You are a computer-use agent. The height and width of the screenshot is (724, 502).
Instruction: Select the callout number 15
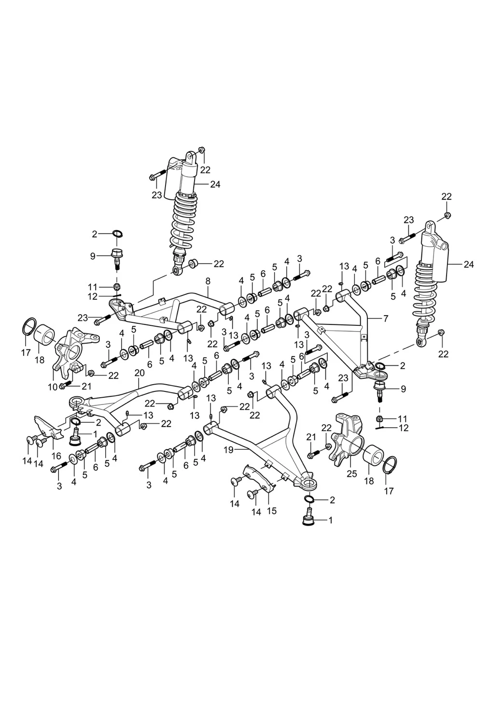[271, 511]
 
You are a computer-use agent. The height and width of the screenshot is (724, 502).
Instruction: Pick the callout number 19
[228, 449]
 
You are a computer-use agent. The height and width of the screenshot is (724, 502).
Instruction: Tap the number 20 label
[139, 373]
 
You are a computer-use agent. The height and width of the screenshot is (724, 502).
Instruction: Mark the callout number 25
[352, 473]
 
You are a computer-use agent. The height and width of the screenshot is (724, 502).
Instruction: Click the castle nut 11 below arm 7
[380, 418]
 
